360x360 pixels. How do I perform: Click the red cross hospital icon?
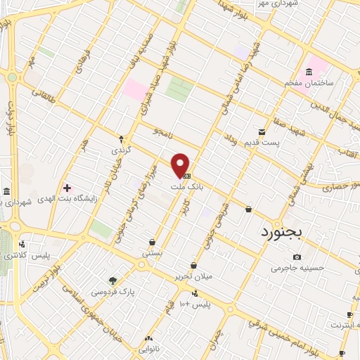(67, 188)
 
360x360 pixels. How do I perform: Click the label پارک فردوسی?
(112, 290)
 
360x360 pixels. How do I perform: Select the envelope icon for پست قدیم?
(262, 131)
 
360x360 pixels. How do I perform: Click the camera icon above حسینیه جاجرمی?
(297, 257)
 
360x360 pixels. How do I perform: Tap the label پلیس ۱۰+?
(194, 304)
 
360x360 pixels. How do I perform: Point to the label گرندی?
(120, 151)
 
